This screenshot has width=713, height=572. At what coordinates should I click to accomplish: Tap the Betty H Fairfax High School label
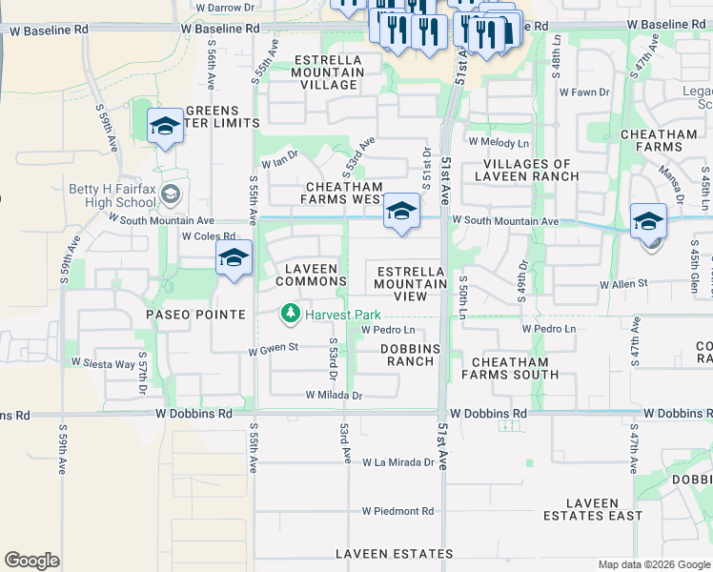pyautogui.click(x=112, y=195)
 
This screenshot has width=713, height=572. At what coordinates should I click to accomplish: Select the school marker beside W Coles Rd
pyautogui.click(x=234, y=259)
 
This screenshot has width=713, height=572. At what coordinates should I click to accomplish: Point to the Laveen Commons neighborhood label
pyautogui.click(x=311, y=275)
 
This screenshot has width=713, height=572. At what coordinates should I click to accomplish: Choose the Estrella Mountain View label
pyautogui.click(x=411, y=283)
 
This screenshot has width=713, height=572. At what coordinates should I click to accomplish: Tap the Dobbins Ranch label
pyautogui.click(x=411, y=356)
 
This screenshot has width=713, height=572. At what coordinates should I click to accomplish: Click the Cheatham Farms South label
pyautogui.click(x=510, y=368)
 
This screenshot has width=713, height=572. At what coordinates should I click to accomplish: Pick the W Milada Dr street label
pyautogui.click(x=334, y=395)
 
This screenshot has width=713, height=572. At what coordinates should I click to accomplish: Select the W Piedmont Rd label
pyautogui.click(x=397, y=511)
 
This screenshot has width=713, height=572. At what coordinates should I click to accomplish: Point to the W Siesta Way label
pyautogui.click(x=103, y=362)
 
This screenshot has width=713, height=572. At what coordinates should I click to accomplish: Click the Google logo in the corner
pyautogui.click(x=31, y=561)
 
